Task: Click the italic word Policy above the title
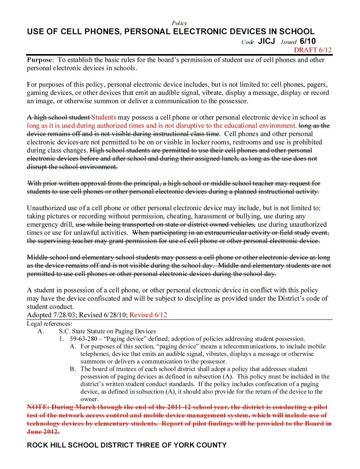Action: click(x=179, y=23)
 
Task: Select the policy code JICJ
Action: click(x=266, y=41)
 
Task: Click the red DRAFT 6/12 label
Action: click(x=313, y=50)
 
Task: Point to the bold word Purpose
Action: click(x=40, y=60)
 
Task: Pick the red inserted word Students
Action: click(x=104, y=118)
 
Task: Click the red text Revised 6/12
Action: click(x=148, y=315)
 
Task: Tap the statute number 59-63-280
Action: click(x=85, y=339)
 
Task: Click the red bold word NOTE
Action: click(x=37, y=407)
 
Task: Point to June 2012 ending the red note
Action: click(x=43, y=432)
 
